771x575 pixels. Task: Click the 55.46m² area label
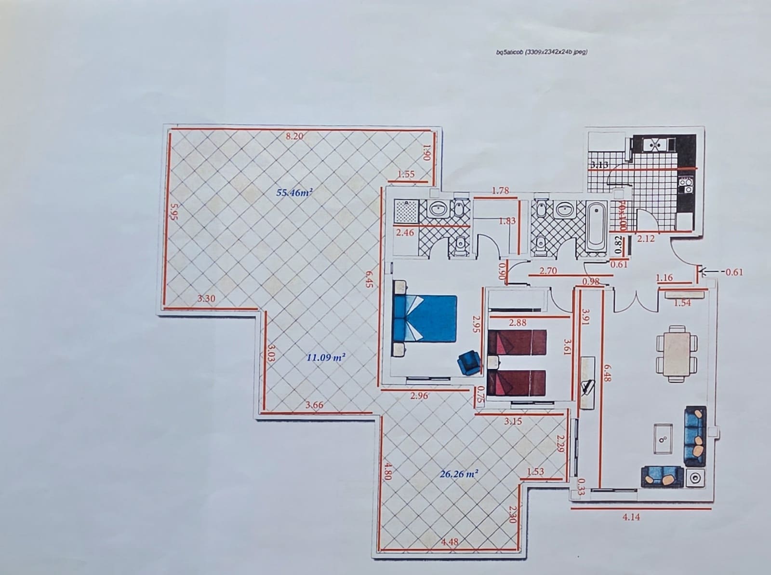click(x=294, y=193)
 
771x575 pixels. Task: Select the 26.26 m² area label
click(x=459, y=474)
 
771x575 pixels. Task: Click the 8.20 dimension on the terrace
click(x=294, y=136)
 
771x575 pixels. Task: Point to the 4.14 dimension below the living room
click(x=631, y=517)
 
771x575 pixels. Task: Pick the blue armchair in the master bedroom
click(x=470, y=363)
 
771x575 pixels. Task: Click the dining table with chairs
click(x=677, y=353)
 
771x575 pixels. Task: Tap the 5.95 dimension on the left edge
click(x=174, y=211)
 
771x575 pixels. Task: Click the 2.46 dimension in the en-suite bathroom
click(x=405, y=233)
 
